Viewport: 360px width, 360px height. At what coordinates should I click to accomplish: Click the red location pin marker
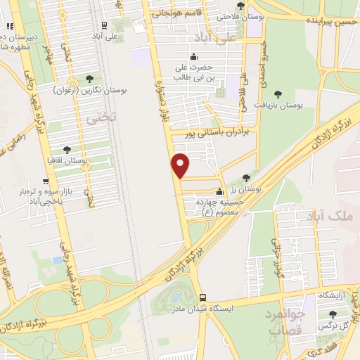coord(181,165)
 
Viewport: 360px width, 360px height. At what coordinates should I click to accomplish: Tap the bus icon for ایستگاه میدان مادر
coord(202,297)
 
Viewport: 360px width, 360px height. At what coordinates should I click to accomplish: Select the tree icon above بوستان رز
coord(245,178)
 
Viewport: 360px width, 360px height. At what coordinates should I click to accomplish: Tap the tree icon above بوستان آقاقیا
coord(67,150)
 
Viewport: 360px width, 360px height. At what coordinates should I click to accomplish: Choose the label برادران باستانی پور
coord(218,131)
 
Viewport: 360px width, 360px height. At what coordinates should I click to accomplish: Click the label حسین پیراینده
coord(331,22)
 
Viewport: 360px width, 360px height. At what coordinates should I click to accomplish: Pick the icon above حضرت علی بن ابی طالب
coord(194,58)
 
